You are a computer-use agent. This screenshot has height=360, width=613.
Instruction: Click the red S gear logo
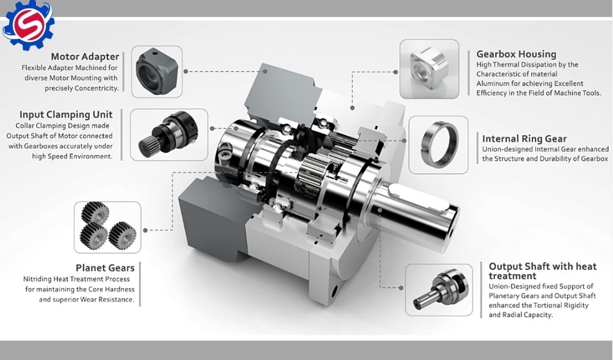coord(28,25)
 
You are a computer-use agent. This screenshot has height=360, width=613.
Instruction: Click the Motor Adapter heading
coord(85,57)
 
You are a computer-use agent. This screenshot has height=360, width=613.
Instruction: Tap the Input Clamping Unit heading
coord(66,115)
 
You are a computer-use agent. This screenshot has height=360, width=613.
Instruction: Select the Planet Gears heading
coord(105,268)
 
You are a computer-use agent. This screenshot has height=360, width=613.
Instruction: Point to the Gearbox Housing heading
coord(516,54)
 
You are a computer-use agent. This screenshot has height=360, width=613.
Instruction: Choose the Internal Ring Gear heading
coord(524,139)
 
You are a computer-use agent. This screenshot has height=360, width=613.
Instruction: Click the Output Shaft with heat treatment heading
coord(543,271)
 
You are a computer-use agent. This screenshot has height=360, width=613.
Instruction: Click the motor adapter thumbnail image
coord(157,71)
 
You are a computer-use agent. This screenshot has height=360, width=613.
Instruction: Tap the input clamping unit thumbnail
coord(169,134)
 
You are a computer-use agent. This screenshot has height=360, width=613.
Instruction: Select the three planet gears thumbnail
coord(107,227)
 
